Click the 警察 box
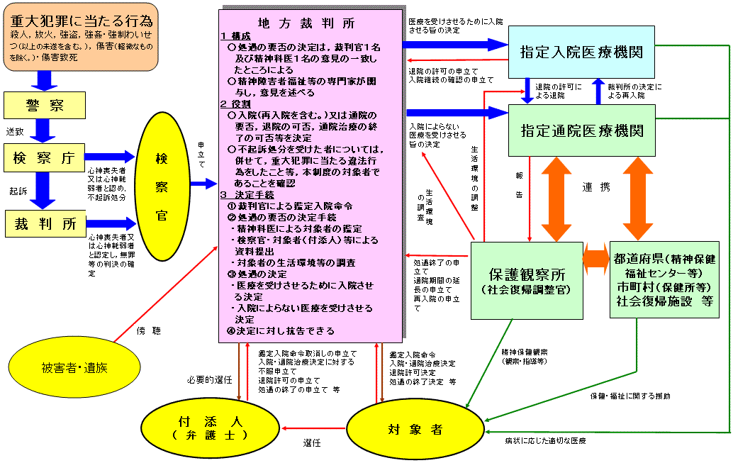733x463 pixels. [45, 105]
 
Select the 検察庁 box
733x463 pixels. [45, 157]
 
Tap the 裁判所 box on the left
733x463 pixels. [46, 223]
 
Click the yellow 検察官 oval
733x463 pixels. [162, 186]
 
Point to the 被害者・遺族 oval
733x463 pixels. [75, 367]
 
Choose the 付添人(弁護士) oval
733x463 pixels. [211, 428]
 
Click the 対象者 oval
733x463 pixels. [415, 430]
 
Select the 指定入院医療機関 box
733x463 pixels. [581, 52]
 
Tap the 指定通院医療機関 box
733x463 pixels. [582, 130]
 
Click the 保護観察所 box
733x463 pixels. [527, 281]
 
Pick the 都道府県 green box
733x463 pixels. [664, 279]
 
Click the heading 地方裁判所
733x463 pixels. [306, 23]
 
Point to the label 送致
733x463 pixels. [15, 131]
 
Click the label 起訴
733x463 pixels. [18, 191]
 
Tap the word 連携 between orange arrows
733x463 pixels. [596, 187]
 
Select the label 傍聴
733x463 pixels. [149, 330]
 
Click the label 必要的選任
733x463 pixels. [209, 380]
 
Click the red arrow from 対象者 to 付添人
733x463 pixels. [313, 428]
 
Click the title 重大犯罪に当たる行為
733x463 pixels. [82, 21]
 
